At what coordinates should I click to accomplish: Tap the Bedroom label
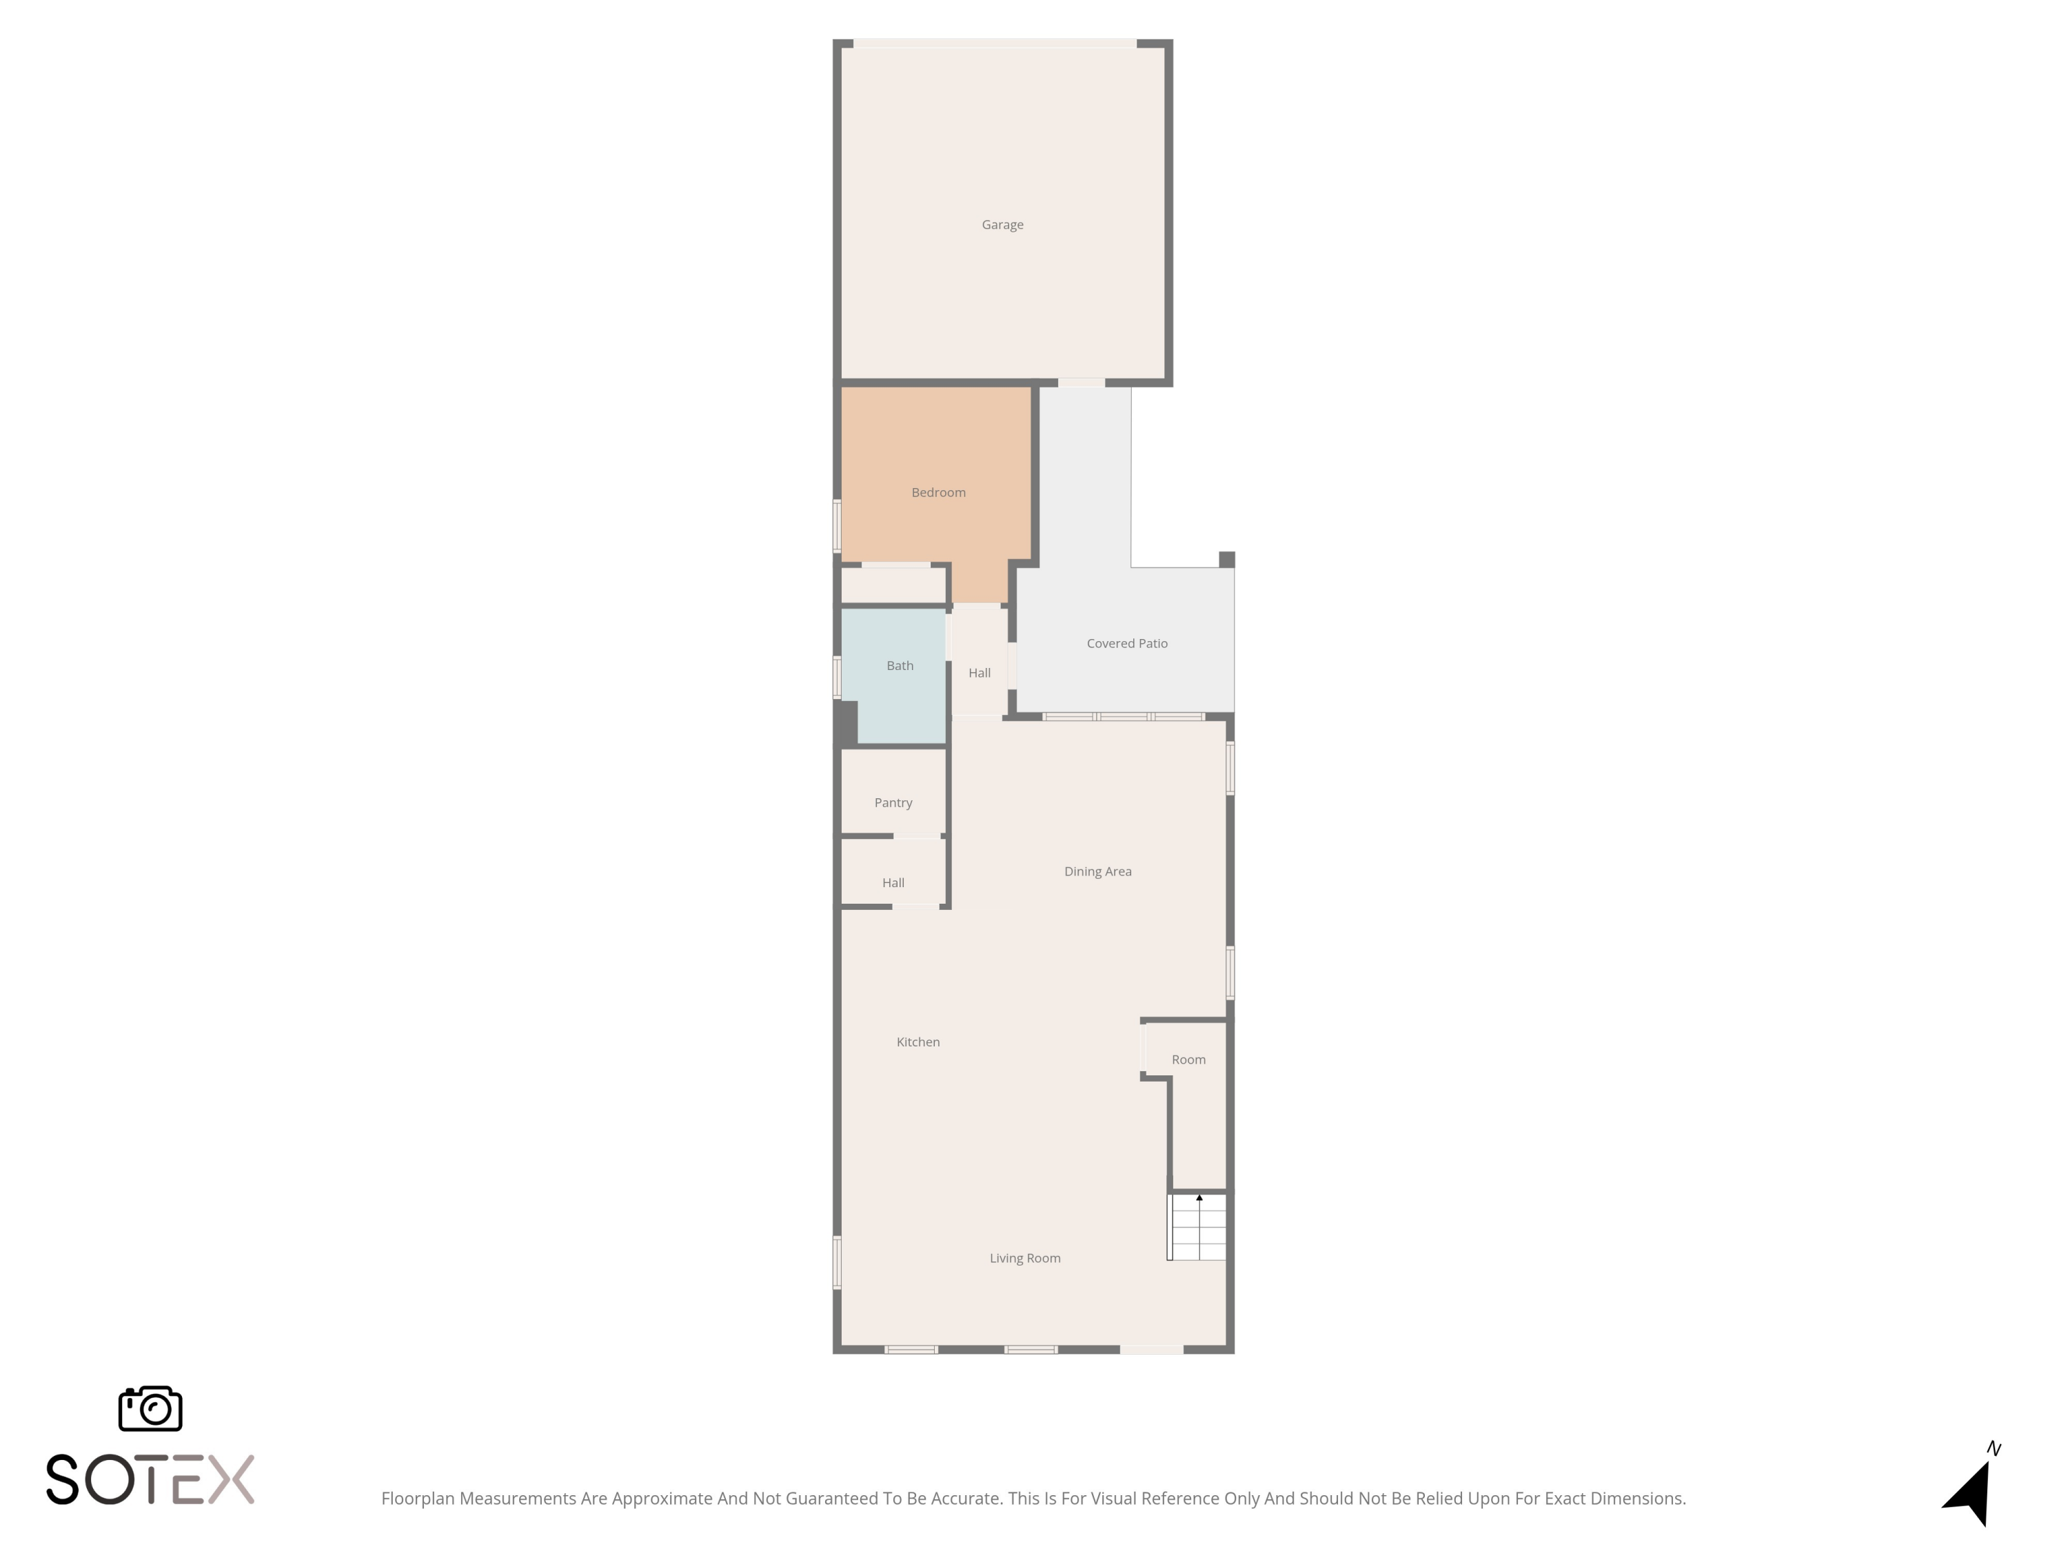click(x=937, y=493)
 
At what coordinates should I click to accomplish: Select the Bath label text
click(x=900, y=666)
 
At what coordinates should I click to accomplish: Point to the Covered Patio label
click(x=1126, y=643)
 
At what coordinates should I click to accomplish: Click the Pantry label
click(x=893, y=803)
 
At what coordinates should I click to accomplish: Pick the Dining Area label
click(x=1097, y=871)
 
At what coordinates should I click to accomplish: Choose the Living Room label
click(x=1024, y=1258)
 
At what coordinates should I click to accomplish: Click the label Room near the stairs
click(x=1188, y=1060)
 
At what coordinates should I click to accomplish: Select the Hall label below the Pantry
click(x=893, y=882)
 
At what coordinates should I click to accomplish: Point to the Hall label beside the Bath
click(x=979, y=673)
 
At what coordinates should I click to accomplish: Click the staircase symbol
click(x=1197, y=1226)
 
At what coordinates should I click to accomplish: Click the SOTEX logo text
click(x=150, y=1479)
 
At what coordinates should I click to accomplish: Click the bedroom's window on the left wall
click(x=837, y=527)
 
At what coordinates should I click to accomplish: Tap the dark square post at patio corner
click(x=1226, y=559)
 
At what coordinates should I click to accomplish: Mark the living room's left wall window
click(x=837, y=1263)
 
